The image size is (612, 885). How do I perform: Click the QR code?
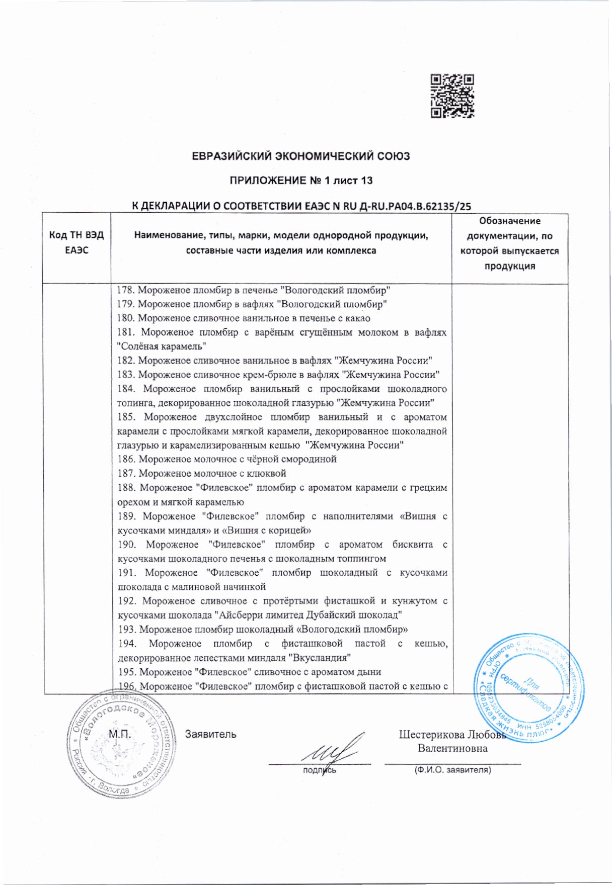(452, 96)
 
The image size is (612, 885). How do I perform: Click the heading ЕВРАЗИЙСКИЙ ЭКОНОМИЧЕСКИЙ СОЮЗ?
(301, 156)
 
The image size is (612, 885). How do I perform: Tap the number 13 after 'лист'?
(366, 180)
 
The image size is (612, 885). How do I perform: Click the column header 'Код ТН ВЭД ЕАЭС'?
(76, 242)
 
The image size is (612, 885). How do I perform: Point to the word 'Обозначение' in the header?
(509, 221)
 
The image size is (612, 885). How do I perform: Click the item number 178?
(126, 290)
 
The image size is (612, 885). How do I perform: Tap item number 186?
(126, 459)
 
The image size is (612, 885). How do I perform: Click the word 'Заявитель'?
(210, 734)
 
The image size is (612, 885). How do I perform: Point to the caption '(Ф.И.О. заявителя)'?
(452, 770)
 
